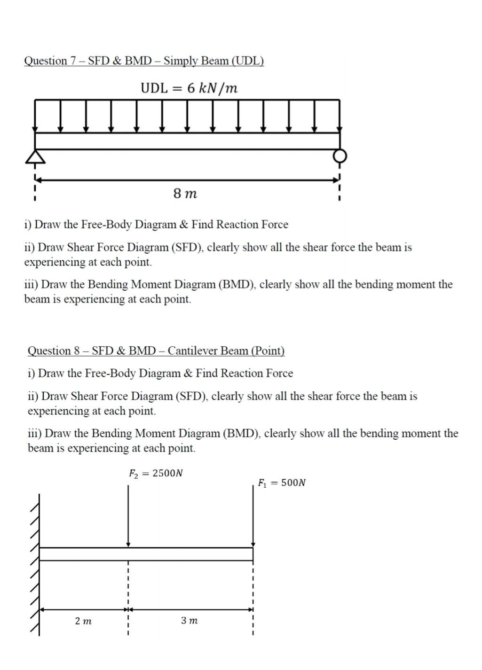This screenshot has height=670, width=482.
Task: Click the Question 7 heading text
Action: tap(144, 61)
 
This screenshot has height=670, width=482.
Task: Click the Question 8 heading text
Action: tap(156, 351)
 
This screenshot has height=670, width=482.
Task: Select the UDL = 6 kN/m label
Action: tap(189, 88)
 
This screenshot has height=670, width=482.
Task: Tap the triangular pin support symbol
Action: tap(35, 156)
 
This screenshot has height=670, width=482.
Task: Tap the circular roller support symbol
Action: tap(340, 156)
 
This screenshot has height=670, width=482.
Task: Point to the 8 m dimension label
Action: tap(185, 193)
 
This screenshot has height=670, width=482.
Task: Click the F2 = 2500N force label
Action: tap(156, 473)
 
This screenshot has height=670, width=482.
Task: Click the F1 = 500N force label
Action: tap(282, 483)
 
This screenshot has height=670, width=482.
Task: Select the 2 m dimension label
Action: tap(83, 621)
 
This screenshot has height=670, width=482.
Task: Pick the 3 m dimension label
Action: tap(189, 621)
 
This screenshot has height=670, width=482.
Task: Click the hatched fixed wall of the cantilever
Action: tap(35, 564)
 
